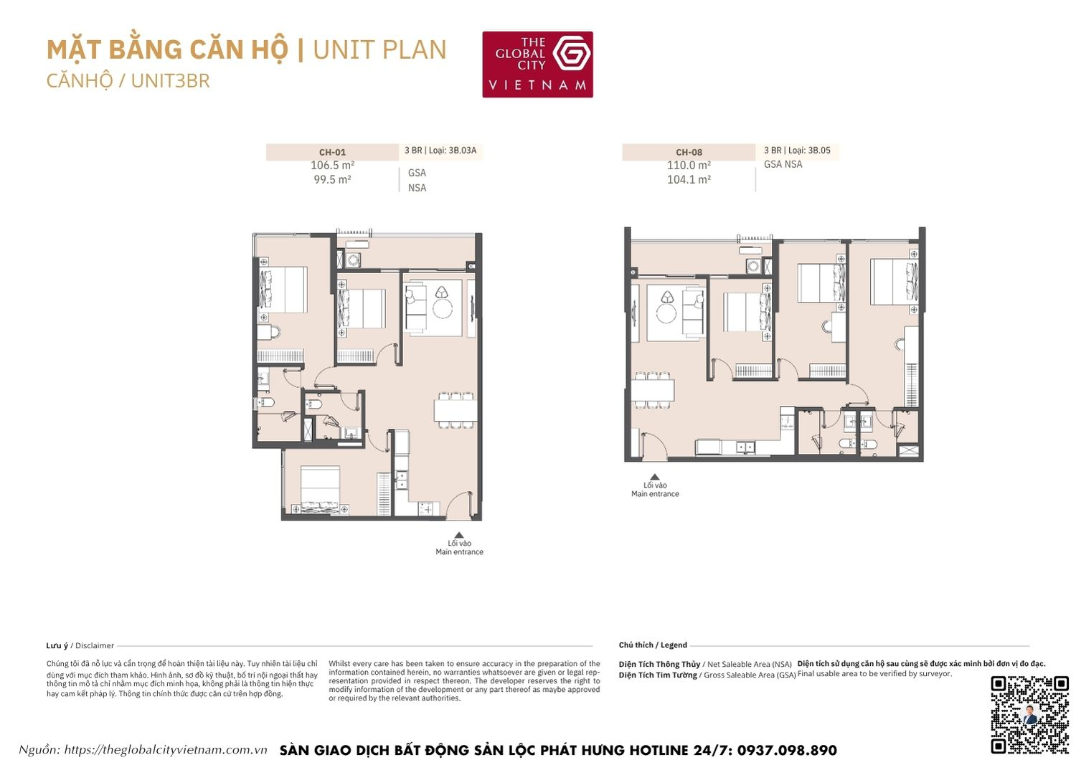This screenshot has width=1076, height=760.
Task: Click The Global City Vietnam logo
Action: pos(537,64)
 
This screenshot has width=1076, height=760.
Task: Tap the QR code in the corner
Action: pos(1029,714)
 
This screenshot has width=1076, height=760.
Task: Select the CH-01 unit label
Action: pos(332,152)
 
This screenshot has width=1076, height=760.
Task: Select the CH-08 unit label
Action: pos(689,152)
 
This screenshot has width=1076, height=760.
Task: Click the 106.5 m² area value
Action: pos(332,166)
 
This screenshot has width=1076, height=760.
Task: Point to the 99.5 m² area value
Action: pos(332,180)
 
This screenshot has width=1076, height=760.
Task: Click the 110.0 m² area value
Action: pos(689,166)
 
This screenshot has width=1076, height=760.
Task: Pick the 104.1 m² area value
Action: pos(689,180)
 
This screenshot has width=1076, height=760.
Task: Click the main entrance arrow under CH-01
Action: pos(459,535)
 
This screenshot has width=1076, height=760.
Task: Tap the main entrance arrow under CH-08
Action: pos(654,477)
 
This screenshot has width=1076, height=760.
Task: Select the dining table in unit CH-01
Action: pos(456,410)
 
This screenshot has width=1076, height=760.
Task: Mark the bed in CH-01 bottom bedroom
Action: pos(320,489)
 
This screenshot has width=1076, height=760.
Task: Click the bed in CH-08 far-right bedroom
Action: pos(894,281)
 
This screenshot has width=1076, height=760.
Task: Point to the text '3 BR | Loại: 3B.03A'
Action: pos(440,151)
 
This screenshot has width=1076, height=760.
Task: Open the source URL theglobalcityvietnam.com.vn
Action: pos(165,750)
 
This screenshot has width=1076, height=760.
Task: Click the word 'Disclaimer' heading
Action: pos(95,645)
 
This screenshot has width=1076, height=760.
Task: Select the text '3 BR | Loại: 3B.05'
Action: pos(797,151)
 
